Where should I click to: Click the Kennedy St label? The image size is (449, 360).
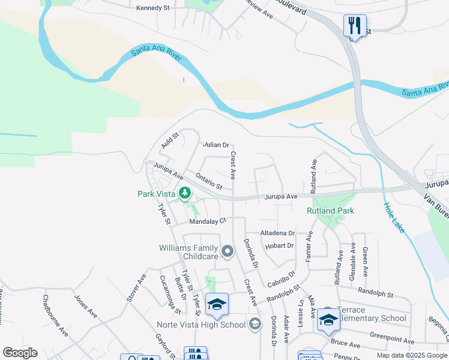pos(153,8)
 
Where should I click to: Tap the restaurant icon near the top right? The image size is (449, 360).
pos(355,25)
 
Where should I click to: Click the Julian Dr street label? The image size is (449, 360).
pos(216,145)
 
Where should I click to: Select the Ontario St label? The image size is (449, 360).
pos(209,181)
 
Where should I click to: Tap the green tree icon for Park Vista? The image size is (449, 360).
pos(185,193)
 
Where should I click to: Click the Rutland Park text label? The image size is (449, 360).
pos(330,211)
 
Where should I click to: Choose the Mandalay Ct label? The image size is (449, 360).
pos(207,221)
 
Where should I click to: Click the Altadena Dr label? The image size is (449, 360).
pos(277,233)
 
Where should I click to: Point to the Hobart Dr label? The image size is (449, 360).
pos(279,245)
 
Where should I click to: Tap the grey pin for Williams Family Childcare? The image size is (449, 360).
pos(227,251)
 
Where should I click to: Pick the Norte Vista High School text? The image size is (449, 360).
pos(201,325)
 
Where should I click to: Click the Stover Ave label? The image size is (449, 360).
pos(137,286)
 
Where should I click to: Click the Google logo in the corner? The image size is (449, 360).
pos(20,353)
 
